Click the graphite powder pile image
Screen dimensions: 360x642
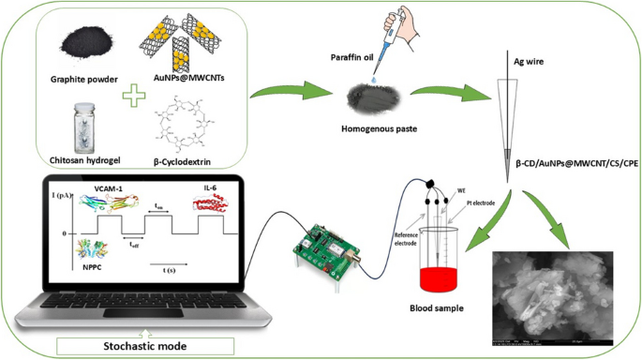click(85, 43)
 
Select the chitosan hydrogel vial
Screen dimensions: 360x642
click(85, 127)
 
